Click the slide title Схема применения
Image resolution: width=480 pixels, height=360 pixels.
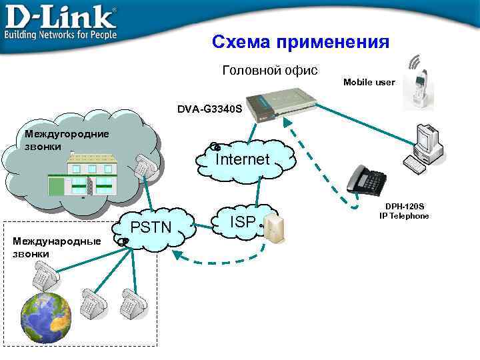(300, 43)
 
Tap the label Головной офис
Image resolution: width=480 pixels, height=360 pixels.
(269, 70)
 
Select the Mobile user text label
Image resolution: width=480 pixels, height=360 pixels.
(369, 82)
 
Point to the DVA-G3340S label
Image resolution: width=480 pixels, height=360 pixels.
(209, 107)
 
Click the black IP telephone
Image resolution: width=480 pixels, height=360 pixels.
(367, 179)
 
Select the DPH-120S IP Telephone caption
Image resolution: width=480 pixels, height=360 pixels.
(404, 211)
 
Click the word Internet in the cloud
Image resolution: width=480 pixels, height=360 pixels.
(242, 159)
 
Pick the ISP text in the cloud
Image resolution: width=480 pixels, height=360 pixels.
(241, 223)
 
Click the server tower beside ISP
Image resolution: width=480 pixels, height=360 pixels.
(271, 228)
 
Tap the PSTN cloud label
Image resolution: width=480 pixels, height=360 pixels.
(151, 229)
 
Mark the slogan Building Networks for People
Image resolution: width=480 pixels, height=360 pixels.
(60, 33)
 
